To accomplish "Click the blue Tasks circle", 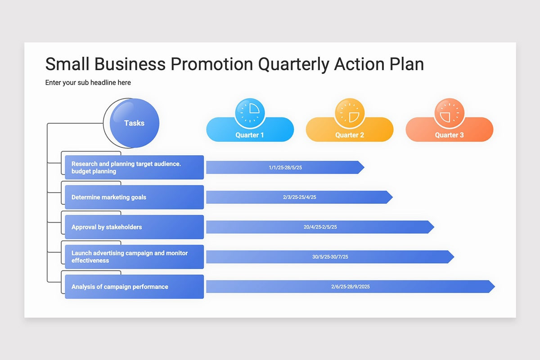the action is tap(134, 123).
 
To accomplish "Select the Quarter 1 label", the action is tap(249, 135).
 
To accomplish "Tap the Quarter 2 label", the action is tap(350, 135).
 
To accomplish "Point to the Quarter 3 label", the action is tap(450, 135).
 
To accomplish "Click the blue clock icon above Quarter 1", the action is tap(250, 113).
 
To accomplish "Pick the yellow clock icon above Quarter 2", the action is tap(350, 113).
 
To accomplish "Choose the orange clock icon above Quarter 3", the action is tap(450, 113).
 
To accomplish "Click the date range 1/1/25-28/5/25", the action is tap(285, 167).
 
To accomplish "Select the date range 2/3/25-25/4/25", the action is tap(299, 197).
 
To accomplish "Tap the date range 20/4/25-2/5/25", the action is tap(320, 227).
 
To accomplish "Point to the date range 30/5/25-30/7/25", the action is tap(330, 257).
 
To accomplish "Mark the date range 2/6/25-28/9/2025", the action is tap(350, 287).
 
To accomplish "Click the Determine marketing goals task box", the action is tap(134, 197).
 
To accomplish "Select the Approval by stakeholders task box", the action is tap(134, 227).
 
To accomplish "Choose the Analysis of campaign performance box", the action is tap(134, 287).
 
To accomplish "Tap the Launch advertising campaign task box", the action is tap(134, 257).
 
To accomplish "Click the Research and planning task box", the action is tap(134, 167).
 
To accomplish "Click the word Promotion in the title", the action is tap(212, 64).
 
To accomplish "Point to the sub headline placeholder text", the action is tap(88, 83).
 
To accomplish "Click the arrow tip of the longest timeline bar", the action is tap(495, 287).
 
